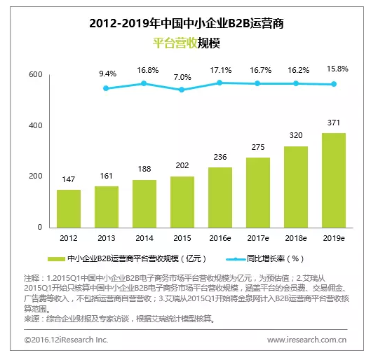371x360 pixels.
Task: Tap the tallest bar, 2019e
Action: click(x=334, y=180)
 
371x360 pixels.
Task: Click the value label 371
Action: click(x=334, y=123)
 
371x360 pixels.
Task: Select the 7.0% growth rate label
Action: click(x=182, y=76)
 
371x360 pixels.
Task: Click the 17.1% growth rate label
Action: click(x=220, y=70)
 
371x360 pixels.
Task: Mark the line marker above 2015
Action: click(x=182, y=90)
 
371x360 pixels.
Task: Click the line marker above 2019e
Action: click(x=334, y=84)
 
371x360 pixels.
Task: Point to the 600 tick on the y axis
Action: click(x=35, y=75)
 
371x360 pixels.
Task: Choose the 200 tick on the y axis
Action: click(x=35, y=176)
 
